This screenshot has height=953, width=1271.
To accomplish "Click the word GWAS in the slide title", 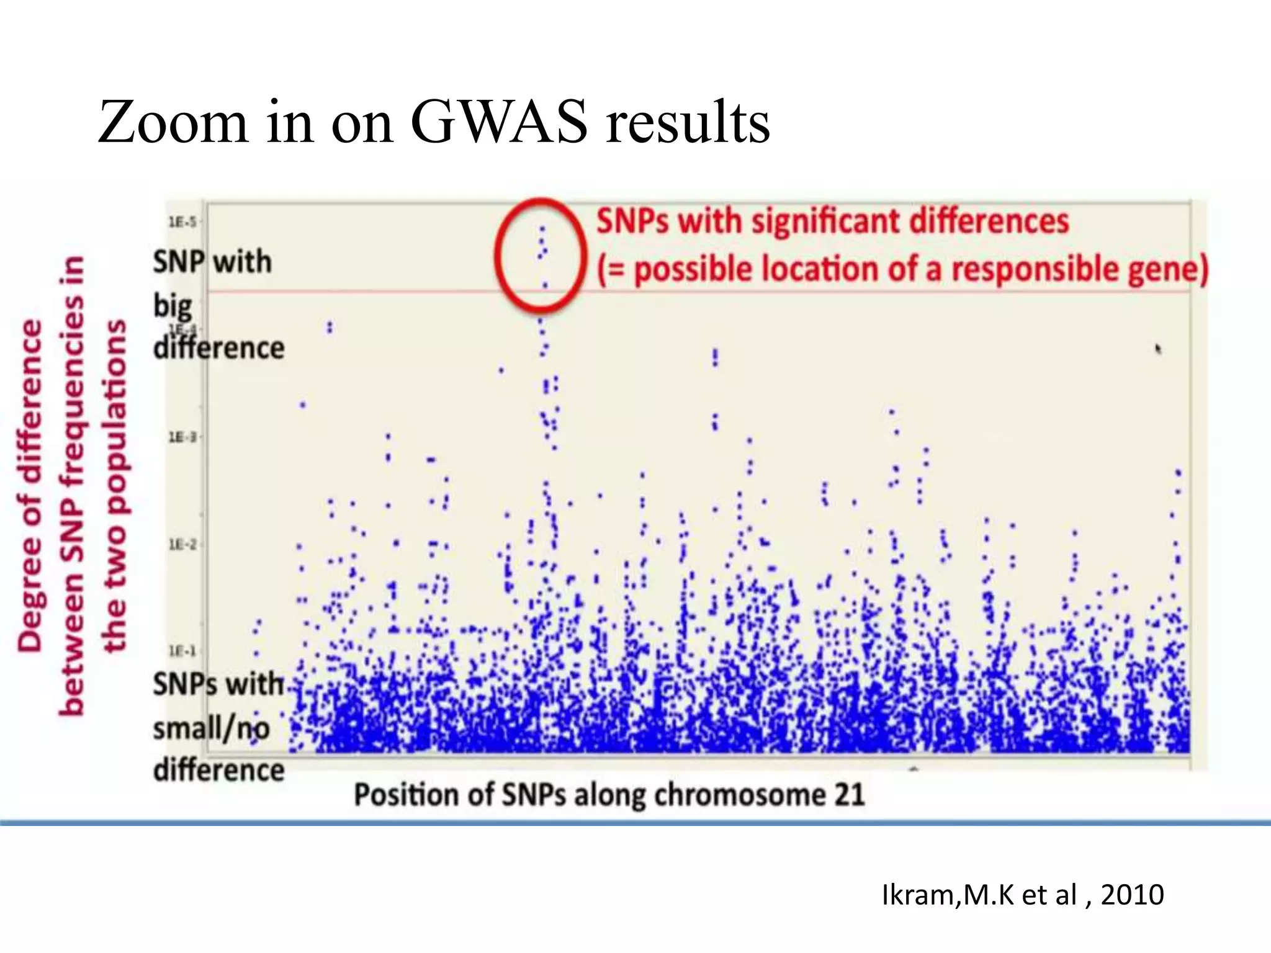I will pos(498,122).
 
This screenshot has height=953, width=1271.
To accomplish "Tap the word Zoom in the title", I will pos(173,122).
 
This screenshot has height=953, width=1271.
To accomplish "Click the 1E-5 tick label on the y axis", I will pos(182,221).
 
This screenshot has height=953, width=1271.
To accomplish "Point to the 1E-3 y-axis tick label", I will pos(182,437).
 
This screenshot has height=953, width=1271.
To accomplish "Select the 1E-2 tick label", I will pos(182,545).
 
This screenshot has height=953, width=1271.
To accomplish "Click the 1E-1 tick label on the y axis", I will pos(182,651).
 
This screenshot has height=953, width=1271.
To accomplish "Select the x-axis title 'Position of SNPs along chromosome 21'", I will pos(609,795).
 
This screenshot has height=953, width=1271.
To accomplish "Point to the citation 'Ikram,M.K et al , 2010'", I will pos(1022,895).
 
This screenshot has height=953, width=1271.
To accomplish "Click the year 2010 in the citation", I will pos(1132,895).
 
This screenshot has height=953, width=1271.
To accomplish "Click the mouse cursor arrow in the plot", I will pos(1158,349).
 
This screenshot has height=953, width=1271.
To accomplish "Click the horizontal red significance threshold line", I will pos(869,291).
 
